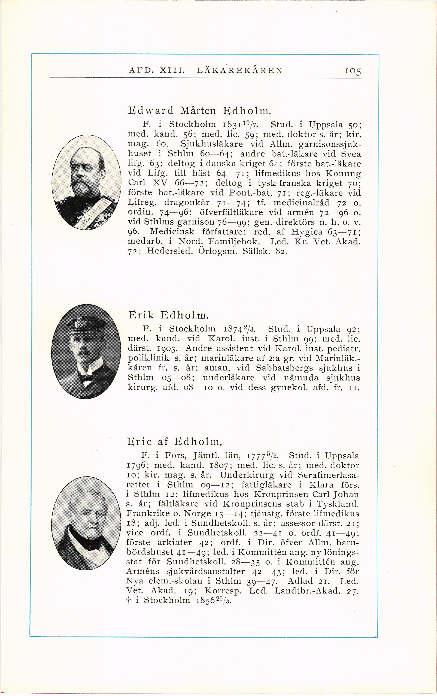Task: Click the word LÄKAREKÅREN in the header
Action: pos(239,70)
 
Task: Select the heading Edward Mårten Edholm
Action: pos(199,110)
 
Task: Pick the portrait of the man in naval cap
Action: pos(86,351)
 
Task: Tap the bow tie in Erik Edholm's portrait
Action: pos(86,378)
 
